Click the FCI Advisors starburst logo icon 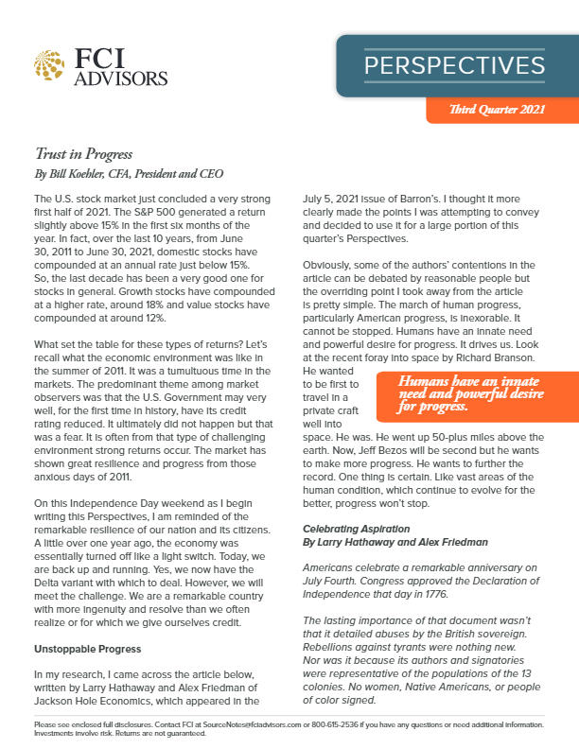[x=48, y=64]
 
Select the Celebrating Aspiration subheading [x=349, y=528]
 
